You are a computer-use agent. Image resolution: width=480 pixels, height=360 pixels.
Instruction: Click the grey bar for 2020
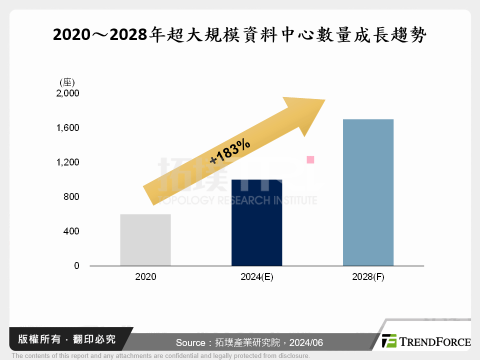click(x=145, y=240)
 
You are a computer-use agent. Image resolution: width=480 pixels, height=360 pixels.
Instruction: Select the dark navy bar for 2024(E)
click(x=256, y=222)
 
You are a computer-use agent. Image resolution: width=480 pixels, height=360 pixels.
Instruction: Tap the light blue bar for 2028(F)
click(x=368, y=192)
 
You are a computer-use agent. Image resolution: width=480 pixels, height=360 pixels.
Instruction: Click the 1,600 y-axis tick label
click(x=68, y=128)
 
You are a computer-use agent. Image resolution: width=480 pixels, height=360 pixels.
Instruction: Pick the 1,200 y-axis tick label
click(x=68, y=162)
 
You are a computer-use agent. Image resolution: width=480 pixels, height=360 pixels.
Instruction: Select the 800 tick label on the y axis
click(x=72, y=197)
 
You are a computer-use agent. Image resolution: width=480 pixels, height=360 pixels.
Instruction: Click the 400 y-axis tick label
click(x=72, y=231)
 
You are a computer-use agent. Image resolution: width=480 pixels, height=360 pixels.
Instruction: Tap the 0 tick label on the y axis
click(x=76, y=266)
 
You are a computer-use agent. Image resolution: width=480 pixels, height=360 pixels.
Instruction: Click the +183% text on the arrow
click(x=230, y=152)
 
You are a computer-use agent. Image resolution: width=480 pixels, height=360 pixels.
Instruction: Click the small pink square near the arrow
click(x=310, y=159)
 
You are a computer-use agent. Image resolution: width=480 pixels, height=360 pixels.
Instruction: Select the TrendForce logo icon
click(x=389, y=341)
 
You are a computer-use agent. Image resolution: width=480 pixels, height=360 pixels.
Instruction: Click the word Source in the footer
click(x=190, y=343)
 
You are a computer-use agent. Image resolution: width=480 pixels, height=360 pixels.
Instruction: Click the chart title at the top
click(x=239, y=35)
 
